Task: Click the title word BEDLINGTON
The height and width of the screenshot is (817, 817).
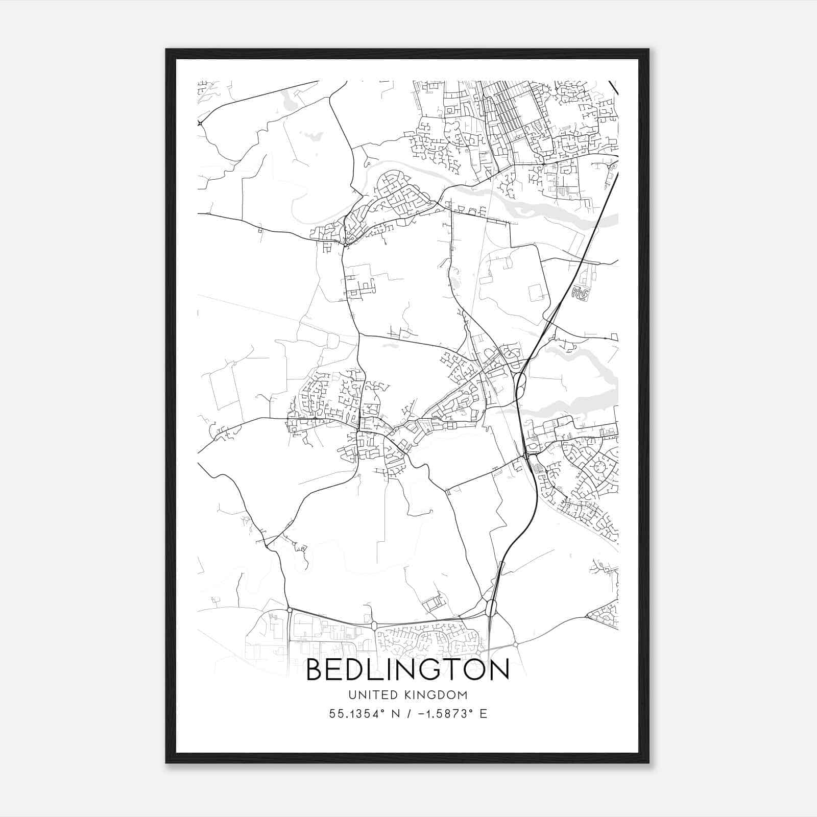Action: tap(407, 670)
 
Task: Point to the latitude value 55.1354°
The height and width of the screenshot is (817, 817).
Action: tap(356, 714)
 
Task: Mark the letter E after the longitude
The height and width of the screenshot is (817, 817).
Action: tap(483, 714)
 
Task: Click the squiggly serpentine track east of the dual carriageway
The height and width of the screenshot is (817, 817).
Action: tap(580, 293)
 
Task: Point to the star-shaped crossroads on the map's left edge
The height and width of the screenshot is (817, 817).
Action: tap(200, 123)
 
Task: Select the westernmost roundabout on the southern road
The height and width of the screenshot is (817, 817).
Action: tap(290, 610)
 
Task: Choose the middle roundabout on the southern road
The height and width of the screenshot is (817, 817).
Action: tap(374, 625)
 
